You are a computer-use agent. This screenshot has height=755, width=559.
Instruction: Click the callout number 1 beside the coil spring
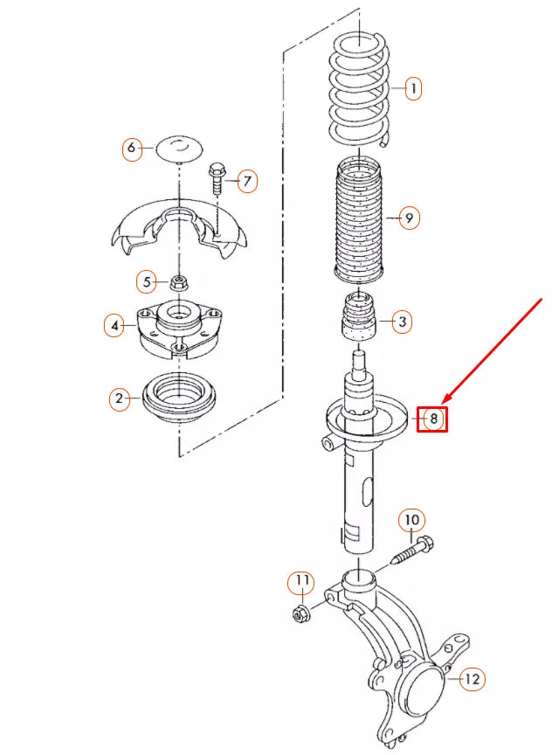click(x=412, y=88)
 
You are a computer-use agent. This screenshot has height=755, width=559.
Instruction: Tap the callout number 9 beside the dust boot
click(x=409, y=218)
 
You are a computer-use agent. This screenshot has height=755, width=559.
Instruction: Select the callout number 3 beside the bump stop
click(x=402, y=322)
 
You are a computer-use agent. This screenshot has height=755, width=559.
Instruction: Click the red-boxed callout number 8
click(x=431, y=419)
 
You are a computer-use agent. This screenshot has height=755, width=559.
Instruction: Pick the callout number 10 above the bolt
click(x=411, y=521)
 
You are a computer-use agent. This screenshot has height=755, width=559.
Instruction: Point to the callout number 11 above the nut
click(x=300, y=579)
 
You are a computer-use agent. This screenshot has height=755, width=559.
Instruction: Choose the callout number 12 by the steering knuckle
click(x=472, y=678)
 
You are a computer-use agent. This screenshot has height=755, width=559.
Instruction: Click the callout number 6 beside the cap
click(x=131, y=148)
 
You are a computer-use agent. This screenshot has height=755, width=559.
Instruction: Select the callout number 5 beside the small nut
click(x=148, y=281)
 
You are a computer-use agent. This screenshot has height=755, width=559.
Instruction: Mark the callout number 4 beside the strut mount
click(x=114, y=326)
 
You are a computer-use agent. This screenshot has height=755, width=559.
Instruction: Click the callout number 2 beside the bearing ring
click(x=119, y=400)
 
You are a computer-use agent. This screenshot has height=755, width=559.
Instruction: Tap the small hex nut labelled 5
click(x=179, y=282)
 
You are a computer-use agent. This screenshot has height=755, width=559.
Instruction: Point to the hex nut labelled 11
click(x=300, y=614)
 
